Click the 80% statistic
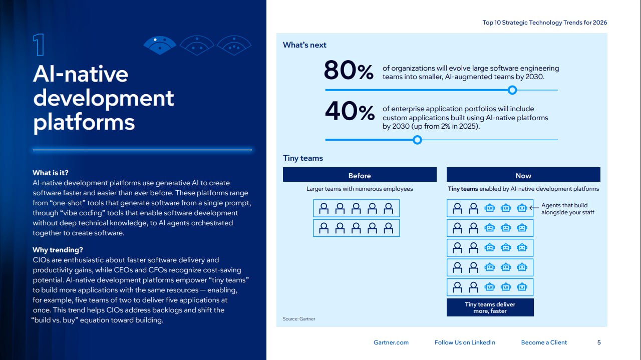tap(349, 70)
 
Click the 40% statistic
tap(350, 112)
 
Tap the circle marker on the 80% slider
tap(512, 90)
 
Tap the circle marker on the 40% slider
tap(417, 140)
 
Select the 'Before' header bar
tap(360, 175)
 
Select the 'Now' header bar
tap(523, 175)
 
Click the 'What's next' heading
tap(304, 45)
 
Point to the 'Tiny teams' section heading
tap(303, 158)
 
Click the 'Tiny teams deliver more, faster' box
tap(490, 307)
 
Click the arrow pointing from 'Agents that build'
tap(534, 206)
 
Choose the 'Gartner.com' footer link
tap(391, 342)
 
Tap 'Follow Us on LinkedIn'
tap(465, 342)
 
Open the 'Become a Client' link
tap(544, 342)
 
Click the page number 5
tap(599, 342)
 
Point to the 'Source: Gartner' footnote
tap(299, 319)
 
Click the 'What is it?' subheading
tap(50, 173)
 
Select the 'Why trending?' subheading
tap(58, 250)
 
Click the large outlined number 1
tap(39, 45)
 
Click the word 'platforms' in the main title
tap(84, 122)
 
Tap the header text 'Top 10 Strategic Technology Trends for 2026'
tap(545, 23)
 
